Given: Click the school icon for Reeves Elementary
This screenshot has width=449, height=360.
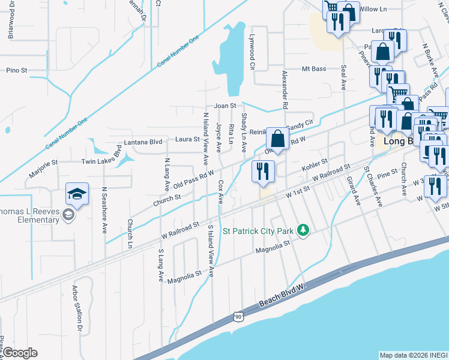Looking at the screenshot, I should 77,194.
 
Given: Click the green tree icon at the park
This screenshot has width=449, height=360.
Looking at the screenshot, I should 304,230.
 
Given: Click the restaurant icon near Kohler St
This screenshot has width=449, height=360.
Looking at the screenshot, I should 263,172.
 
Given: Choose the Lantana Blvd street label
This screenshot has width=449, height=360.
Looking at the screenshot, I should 143,142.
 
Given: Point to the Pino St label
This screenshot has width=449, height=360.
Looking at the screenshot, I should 17,70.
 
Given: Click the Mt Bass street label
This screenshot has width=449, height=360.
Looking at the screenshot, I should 314,69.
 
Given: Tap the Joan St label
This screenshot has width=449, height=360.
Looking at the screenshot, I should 226,105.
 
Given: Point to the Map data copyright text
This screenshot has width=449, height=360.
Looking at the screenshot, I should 413,355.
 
